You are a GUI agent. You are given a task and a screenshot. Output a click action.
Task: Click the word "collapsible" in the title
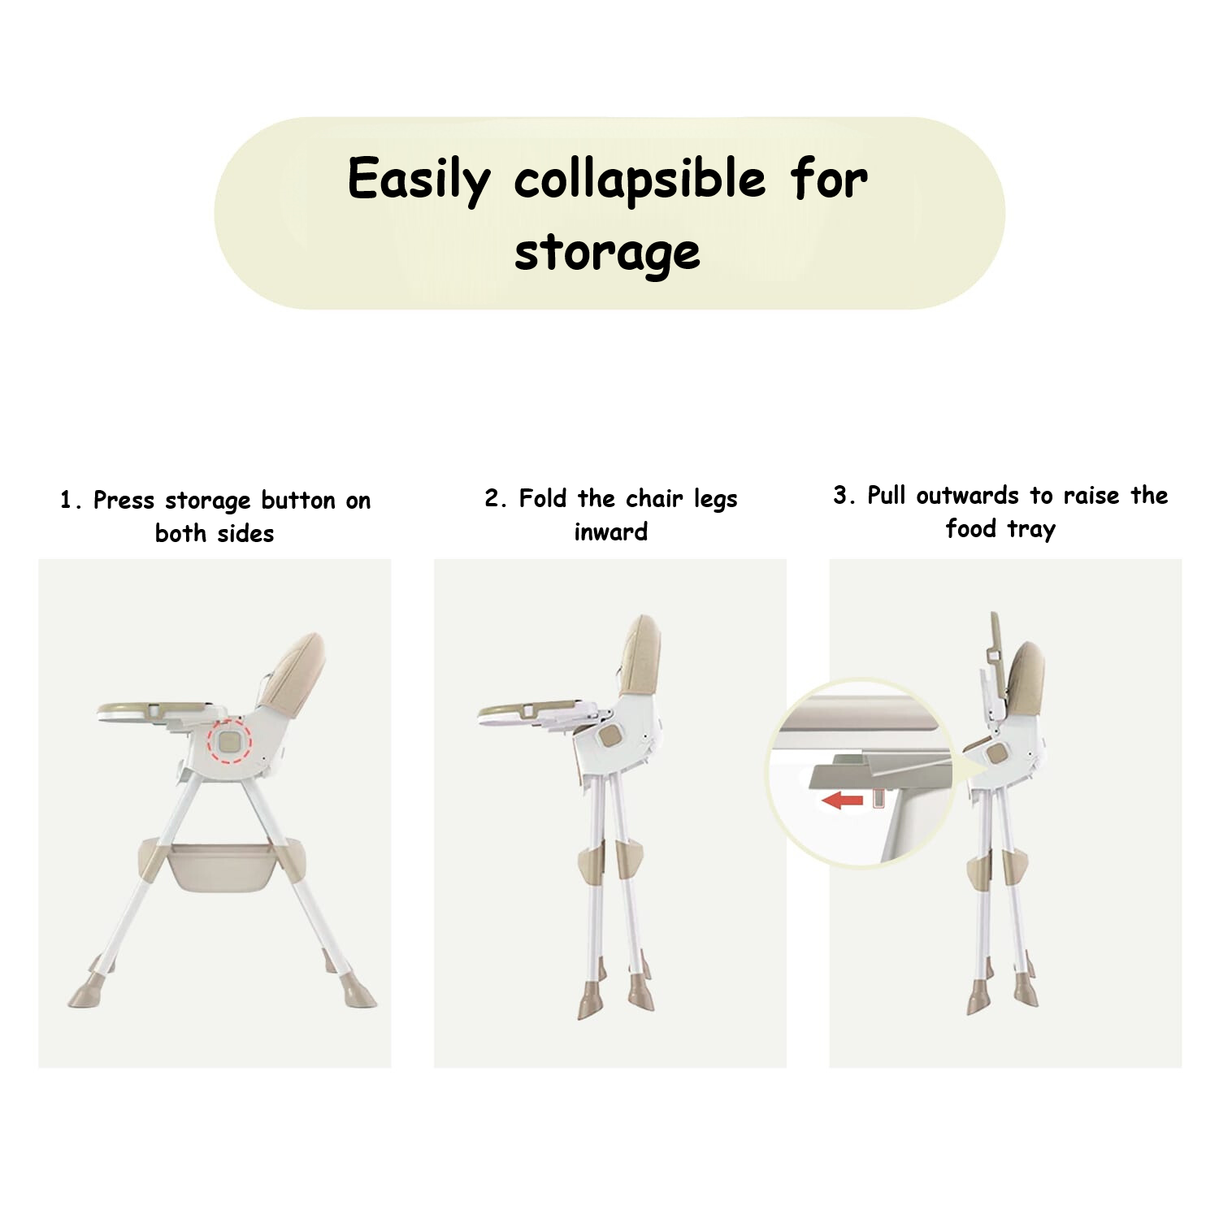640,180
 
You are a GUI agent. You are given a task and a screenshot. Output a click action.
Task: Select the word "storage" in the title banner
607,252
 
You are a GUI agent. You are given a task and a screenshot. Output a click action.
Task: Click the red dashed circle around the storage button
229,740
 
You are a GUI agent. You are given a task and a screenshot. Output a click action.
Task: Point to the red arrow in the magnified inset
842,801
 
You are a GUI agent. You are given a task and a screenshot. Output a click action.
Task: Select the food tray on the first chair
158,712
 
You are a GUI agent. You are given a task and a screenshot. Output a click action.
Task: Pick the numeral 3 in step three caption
839,496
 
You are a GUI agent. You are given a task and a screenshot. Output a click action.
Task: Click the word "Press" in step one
124,501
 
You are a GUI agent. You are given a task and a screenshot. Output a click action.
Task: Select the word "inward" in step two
611,532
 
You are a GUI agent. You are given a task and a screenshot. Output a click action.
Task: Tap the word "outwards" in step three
967,496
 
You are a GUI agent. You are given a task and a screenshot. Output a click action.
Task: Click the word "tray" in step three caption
1031,530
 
